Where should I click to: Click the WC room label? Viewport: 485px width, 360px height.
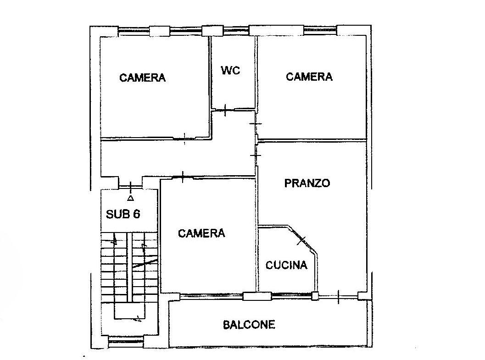pos(230,71)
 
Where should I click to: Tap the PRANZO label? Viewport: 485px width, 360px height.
pos(307,183)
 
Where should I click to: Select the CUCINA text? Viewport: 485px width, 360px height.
pos(286,265)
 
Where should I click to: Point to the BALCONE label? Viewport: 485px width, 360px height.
pos(249,325)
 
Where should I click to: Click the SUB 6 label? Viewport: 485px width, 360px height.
pos(123,214)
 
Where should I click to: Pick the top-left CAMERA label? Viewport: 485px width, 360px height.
pos(142,77)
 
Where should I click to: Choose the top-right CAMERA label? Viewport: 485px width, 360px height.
pos(309,76)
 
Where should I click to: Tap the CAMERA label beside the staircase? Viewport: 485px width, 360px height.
pos(201,233)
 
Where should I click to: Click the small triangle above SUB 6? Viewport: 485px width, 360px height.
pos(131,198)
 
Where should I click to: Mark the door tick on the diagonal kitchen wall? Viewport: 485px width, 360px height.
pos(302,240)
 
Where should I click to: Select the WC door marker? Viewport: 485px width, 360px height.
pos(225,110)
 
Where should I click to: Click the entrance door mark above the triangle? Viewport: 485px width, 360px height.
pos(131,187)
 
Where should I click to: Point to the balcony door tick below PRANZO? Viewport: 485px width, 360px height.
pos(338,297)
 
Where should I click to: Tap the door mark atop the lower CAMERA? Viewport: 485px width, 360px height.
pos(183,177)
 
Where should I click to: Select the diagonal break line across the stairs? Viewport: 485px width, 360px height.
pos(145,264)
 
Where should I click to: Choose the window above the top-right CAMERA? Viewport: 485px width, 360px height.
pos(320,30)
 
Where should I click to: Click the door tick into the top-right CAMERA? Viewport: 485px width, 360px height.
pos(256,124)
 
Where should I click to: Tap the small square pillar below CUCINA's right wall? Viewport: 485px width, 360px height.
pos(315,296)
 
